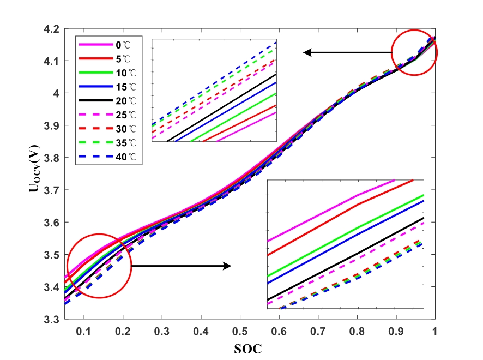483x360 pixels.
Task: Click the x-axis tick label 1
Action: (x=435, y=331)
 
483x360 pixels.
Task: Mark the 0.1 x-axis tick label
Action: (x=84, y=331)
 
